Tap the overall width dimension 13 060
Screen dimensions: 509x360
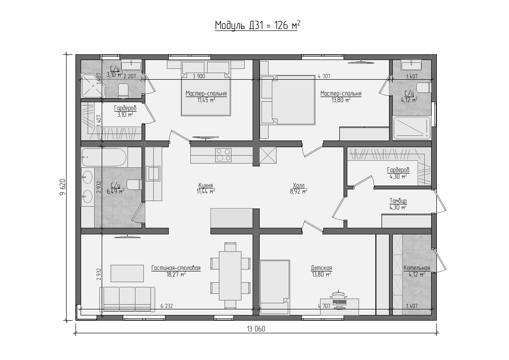coord(256,329)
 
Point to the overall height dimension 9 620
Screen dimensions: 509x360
coord(63,187)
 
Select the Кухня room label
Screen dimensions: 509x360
coord(205,185)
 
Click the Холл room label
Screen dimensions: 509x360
coord(299,185)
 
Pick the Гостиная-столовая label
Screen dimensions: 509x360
coord(176,268)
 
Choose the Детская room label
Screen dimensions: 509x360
coord(322,268)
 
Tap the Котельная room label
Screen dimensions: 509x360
coord(417,268)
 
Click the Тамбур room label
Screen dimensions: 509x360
coord(398,201)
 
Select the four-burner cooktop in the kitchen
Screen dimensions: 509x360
coord(224,155)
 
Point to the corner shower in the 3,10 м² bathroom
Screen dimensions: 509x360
coord(92,85)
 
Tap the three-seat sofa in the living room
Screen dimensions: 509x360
coord(127,299)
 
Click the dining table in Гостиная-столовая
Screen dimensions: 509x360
coord(230,276)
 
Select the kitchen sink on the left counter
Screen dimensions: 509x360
coord(153,173)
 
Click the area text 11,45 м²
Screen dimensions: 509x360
coord(206,100)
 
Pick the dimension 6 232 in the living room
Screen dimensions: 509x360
coord(166,306)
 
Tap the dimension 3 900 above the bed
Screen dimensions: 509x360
coord(199,76)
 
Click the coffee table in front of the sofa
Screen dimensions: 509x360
coord(127,273)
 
